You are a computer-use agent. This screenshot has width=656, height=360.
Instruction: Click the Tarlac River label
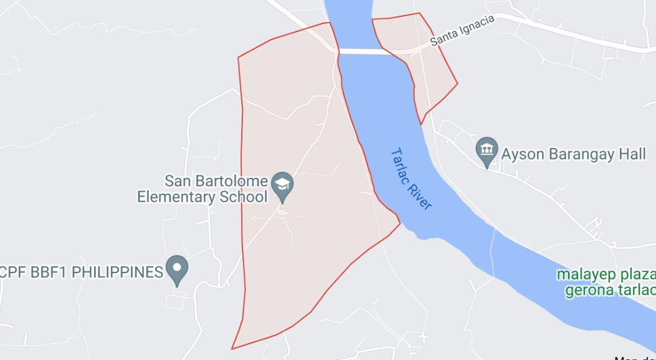click(x=411, y=179)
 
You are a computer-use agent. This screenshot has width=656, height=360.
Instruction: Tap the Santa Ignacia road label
click(x=462, y=31)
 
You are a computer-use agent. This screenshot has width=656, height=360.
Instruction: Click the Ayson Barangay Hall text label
click(x=573, y=154)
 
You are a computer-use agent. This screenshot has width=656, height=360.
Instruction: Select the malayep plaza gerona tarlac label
click(x=607, y=282)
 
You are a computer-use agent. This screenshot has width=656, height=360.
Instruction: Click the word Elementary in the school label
click(x=176, y=197)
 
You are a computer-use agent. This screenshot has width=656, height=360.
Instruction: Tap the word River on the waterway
click(x=422, y=195)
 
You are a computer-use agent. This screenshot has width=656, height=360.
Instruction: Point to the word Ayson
click(x=523, y=154)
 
